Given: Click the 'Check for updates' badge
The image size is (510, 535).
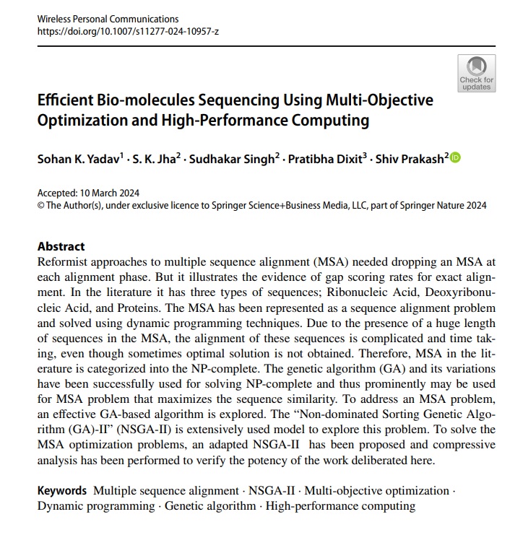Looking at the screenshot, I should (476, 74).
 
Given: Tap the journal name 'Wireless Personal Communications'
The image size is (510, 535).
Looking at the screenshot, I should (108, 18).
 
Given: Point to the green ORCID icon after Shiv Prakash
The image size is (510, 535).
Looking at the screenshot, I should (454, 157).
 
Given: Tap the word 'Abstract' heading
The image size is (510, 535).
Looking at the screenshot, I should (61, 246).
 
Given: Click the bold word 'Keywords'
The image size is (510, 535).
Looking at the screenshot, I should (62, 490).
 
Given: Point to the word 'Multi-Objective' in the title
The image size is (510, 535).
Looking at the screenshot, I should (380, 100).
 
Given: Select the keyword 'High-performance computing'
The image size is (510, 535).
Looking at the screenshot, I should (340, 505).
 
